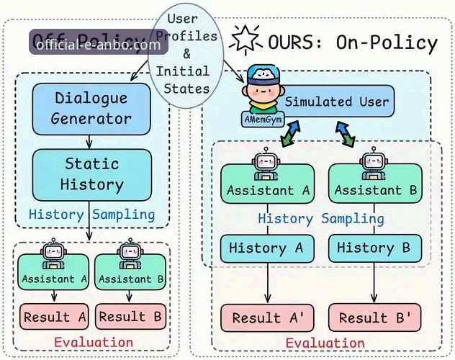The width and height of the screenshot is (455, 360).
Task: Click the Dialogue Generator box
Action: click(91, 108)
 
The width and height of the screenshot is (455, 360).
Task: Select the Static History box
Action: click(91, 174)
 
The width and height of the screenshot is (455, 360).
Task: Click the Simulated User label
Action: click(336, 102)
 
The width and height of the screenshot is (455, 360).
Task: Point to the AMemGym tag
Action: click(263, 117)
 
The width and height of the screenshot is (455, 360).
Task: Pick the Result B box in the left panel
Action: click(131, 316)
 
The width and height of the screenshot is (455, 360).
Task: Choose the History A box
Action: click(268, 248)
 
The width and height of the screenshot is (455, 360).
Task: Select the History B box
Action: click(374, 248)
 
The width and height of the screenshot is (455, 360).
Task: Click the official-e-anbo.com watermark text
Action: click(98, 45)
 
